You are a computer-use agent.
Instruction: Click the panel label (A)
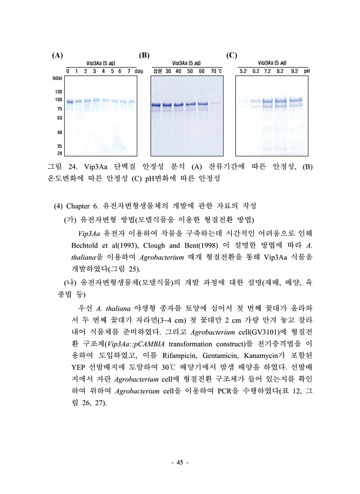(57, 56)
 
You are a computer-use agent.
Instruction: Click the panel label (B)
(144, 56)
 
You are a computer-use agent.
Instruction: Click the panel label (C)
(231, 56)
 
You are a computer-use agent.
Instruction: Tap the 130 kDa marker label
(58, 92)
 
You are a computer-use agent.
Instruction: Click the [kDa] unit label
(58, 78)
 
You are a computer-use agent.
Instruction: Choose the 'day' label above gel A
(139, 71)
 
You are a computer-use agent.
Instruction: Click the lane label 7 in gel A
(128, 71)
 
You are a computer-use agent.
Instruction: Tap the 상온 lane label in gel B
(157, 71)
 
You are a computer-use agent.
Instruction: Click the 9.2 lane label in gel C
(294, 71)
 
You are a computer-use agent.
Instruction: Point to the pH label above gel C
(307, 71)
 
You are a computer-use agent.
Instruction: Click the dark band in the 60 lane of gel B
(202, 104)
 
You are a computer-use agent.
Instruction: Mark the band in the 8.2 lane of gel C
(281, 101)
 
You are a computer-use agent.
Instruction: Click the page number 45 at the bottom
(179, 463)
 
